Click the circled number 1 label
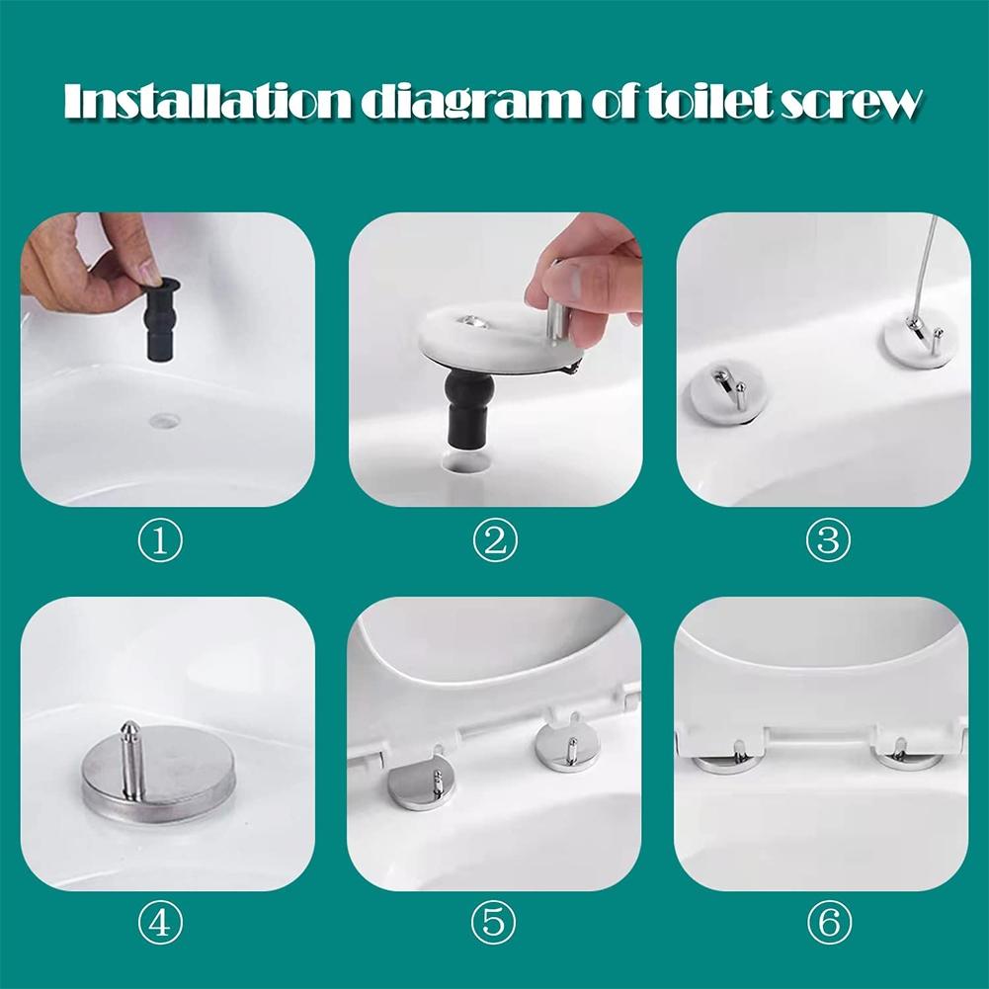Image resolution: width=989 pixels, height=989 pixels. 160,540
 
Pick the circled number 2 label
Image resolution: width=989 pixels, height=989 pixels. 494,540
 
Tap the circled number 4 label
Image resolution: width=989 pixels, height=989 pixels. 160,924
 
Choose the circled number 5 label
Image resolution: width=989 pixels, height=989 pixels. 494,924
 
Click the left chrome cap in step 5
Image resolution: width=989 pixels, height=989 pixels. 417,784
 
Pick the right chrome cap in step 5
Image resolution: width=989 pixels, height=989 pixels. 563,745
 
